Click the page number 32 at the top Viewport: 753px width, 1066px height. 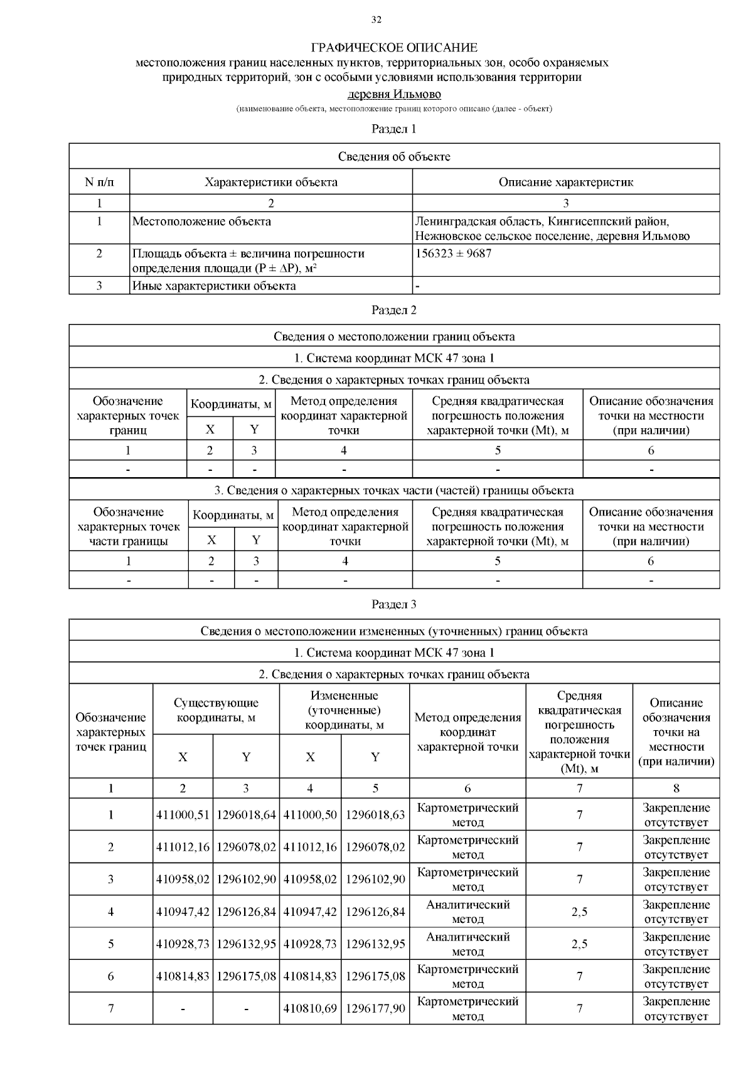pyautogui.click(x=376, y=19)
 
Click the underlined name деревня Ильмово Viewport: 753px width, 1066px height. pyautogui.click(x=394, y=94)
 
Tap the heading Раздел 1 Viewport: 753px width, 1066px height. pyautogui.click(x=393, y=129)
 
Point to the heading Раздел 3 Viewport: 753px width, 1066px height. pyautogui.click(x=393, y=605)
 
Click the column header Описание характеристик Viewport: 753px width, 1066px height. pyautogui.click(x=565, y=182)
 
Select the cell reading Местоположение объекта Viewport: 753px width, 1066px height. pyautogui.click(x=202, y=222)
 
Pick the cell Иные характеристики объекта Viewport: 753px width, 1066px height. pyautogui.click(x=214, y=286)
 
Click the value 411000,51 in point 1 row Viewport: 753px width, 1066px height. pyautogui.click(x=183, y=815)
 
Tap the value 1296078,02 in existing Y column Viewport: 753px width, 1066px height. pyautogui.click(x=246, y=847)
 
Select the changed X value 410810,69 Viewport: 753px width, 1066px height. pyautogui.click(x=310, y=1008)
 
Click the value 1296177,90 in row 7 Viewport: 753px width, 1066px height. pyautogui.click(x=375, y=1008)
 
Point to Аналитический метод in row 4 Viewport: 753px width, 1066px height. pyautogui.click(x=467, y=912)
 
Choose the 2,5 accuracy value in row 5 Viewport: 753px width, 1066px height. pyautogui.click(x=579, y=944)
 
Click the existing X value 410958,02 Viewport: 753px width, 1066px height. pyautogui.click(x=183, y=880)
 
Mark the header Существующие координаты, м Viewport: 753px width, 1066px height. pyautogui.click(x=216, y=710)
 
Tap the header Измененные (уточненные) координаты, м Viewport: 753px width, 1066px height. pyautogui.click(x=344, y=710)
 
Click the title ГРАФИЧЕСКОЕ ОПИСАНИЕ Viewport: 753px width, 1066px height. pyautogui.click(x=394, y=48)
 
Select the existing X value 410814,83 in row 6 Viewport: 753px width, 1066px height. pyautogui.click(x=183, y=976)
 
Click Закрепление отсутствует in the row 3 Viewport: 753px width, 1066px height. pyautogui.click(x=676, y=880)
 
